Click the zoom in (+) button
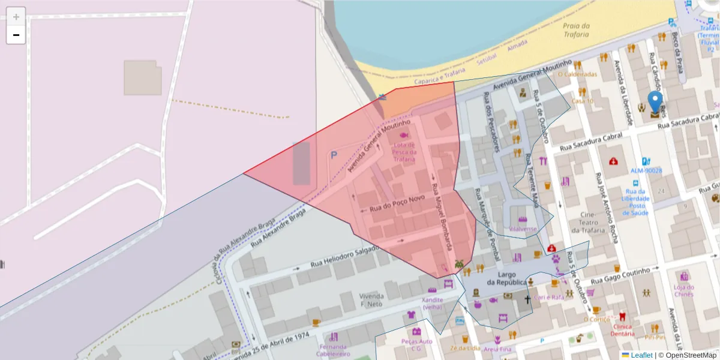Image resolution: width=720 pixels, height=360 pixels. coord(16,17)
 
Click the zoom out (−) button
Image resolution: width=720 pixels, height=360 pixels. coord(16,35)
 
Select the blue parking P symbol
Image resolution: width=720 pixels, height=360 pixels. coord(334,155)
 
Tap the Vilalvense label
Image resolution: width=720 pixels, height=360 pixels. coord(523,229)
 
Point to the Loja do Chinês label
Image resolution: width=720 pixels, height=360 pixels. coord(683,290)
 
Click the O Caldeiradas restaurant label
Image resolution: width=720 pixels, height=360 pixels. coord(577,74)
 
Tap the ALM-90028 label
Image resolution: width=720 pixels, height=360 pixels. coord(646,171)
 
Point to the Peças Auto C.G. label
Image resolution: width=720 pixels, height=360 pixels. coord(416,344)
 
